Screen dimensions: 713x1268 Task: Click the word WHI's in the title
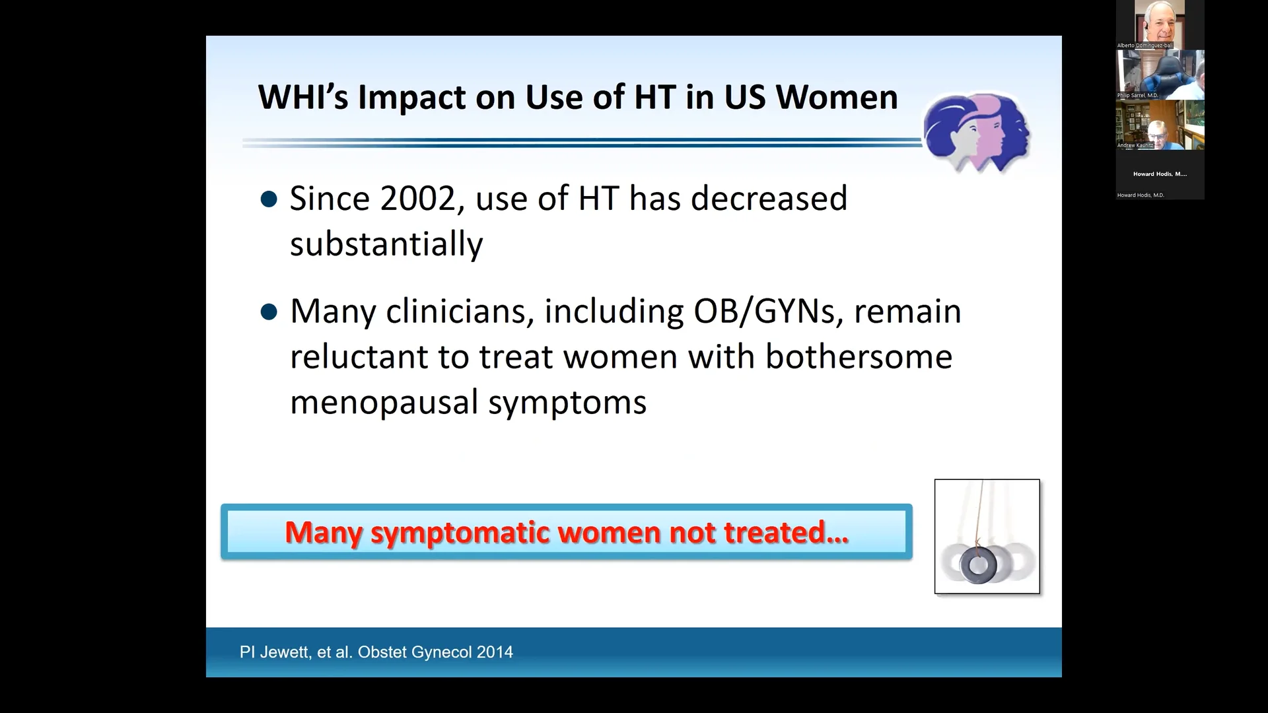point(303,98)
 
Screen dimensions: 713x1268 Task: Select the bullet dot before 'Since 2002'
point(269,199)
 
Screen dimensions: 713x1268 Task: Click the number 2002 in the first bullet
point(418,199)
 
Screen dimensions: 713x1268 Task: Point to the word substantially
point(386,244)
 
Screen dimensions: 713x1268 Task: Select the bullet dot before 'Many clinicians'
point(269,312)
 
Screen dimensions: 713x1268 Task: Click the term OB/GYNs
point(765,312)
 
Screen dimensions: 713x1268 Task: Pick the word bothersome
point(859,357)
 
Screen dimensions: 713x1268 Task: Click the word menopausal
point(384,403)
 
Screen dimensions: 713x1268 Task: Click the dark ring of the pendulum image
point(978,566)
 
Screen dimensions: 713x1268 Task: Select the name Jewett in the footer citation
point(285,652)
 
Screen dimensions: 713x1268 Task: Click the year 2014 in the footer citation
point(495,652)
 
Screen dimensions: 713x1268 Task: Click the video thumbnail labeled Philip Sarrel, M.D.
point(1160,74)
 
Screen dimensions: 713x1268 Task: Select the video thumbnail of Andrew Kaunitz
point(1160,124)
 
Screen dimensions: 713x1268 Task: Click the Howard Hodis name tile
point(1160,175)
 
